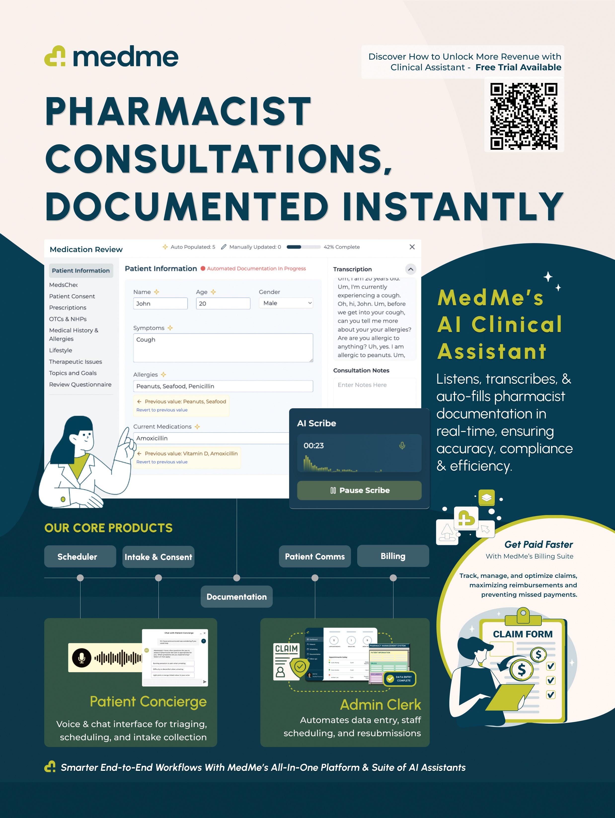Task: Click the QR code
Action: pyautogui.click(x=524, y=116)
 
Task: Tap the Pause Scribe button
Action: pyautogui.click(x=359, y=490)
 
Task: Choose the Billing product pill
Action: pyautogui.click(x=393, y=556)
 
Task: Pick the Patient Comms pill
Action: pyautogui.click(x=315, y=557)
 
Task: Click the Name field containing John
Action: pyautogui.click(x=160, y=304)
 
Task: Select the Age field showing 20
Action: pyautogui.click(x=223, y=304)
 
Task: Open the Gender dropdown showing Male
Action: pyautogui.click(x=286, y=303)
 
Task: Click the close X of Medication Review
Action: pyautogui.click(x=412, y=247)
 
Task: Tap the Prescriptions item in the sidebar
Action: pyautogui.click(x=68, y=308)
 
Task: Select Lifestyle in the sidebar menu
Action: pyautogui.click(x=61, y=350)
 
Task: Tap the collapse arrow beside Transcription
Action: pyautogui.click(x=411, y=269)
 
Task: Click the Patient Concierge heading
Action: pyautogui.click(x=148, y=702)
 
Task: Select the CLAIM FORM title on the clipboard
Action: pyautogui.click(x=523, y=634)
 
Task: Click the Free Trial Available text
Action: pyautogui.click(x=518, y=67)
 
